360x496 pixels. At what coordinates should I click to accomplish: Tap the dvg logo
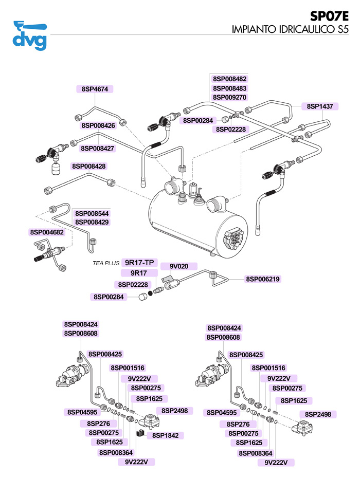pos(30,34)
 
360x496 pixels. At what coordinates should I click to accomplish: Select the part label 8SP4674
pos(95,89)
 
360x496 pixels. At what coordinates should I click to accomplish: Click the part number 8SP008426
pos(98,125)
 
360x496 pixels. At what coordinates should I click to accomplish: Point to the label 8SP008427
pos(98,148)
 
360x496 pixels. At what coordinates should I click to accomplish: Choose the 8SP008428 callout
pos(89,167)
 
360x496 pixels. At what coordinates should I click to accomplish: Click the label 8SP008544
pos(92,213)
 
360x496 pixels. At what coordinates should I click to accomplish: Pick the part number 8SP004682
pos(47,232)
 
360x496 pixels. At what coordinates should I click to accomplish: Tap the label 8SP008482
pos(230,79)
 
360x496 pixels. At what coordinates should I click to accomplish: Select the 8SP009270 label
pos(230,97)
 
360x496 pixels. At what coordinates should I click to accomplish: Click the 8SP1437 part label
pos(320,106)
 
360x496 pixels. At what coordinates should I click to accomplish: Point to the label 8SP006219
pos(263,279)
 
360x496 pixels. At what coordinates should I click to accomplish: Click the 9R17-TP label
pos(139,263)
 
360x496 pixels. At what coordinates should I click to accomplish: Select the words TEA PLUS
pos(106,263)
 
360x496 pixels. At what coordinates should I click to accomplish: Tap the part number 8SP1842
pos(165,435)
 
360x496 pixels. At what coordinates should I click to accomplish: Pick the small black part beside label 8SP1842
pos(138,433)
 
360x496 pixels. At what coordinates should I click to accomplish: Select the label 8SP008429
pos(92,222)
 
